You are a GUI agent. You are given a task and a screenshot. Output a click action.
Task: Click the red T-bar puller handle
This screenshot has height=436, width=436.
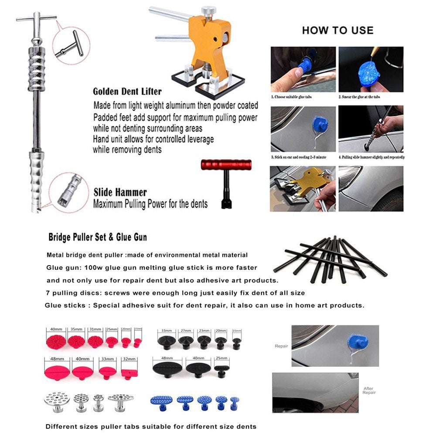[x=226, y=165]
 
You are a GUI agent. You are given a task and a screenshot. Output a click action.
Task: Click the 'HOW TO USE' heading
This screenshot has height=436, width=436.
[x=337, y=30]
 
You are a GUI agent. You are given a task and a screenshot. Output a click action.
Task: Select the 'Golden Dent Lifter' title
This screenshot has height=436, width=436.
[x=127, y=92]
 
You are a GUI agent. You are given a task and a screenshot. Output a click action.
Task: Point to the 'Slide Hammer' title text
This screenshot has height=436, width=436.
[x=120, y=192]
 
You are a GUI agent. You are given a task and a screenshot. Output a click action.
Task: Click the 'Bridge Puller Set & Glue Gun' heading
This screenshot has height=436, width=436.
[x=98, y=238]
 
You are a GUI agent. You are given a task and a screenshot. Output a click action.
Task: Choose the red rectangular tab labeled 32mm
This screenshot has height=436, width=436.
[x=129, y=373]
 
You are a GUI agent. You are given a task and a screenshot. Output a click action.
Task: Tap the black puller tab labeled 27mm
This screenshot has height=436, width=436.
[x=186, y=341]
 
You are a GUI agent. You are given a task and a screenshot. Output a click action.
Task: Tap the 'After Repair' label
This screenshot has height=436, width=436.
[x=369, y=390]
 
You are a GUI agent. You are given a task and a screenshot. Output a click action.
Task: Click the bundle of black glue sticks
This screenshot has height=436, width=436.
[x=334, y=259]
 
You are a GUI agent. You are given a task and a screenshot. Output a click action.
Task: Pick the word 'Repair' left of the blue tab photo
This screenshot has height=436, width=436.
[x=281, y=346]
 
